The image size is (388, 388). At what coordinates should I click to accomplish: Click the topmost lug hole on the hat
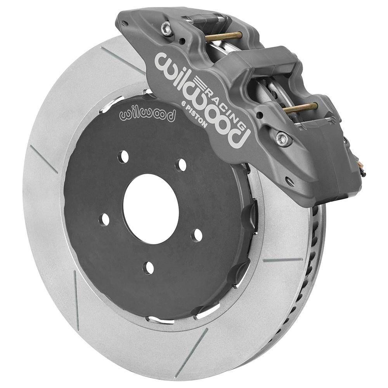[x=123, y=156]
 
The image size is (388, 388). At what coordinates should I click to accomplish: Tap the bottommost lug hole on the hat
[x=148, y=267]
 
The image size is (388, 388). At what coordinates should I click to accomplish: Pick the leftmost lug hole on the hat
[x=104, y=219]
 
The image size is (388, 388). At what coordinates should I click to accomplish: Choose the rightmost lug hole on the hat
[x=197, y=235]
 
